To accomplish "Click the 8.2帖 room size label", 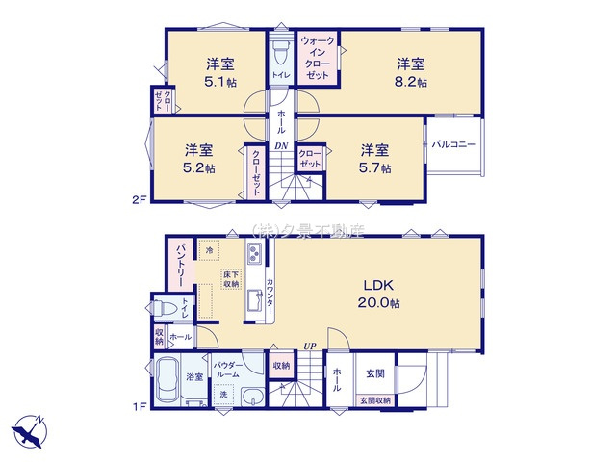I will pyautogui.click(x=412, y=81).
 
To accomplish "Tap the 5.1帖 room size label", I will pyautogui.click(x=220, y=81).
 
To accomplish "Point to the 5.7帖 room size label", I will pyautogui.click(x=375, y=167).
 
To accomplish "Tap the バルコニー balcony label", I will pyautogui.click(x=453, y=144).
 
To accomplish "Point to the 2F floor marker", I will pyautogui.click(x=138, y=199).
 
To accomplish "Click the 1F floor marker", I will pyautogui.click(x=138, y=406).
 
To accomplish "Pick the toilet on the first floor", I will pyautogui.click(x=165, y=307).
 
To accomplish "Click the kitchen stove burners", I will pyautogui.click(x=255, y=255).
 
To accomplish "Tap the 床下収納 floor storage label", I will pyautogui.click(x=230, y=279).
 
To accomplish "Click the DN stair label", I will pyautogui.click(x=281, y=146).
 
